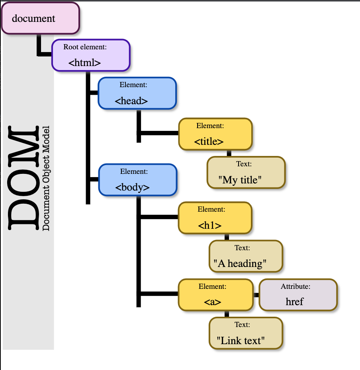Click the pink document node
pyautogui.click(x=40, y=18)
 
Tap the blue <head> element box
pyautogui.click(x=137, y=93)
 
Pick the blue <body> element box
pyautogui.click(x=137, y=180)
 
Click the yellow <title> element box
pyautogui.click(x=215, y=134)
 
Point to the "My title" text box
pyautogui.click(x=246, y=172)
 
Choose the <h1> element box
pyautogui.click(x=215, y=218)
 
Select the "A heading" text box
pyautogui.click(x=246, y=256)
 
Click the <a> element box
pyautogui.click(x=215, y=295)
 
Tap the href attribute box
pyautogui.click(x=298, y=295)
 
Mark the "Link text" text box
pyautogui.click(x=246, y=333)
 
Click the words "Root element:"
pyautogui.click(x=85, y=47)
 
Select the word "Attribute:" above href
pyautogui.click(x=295, y=286)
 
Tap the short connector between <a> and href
pyautogui.click(x=256, y=295)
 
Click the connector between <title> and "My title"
pyautogui.click(x=229, y=153)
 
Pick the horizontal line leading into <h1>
pyautogui.click(x=159, y=217)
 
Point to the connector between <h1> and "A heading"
pyautogui.click(x=227, y=237)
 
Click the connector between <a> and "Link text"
pyautogui.click(x=227, y=314)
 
